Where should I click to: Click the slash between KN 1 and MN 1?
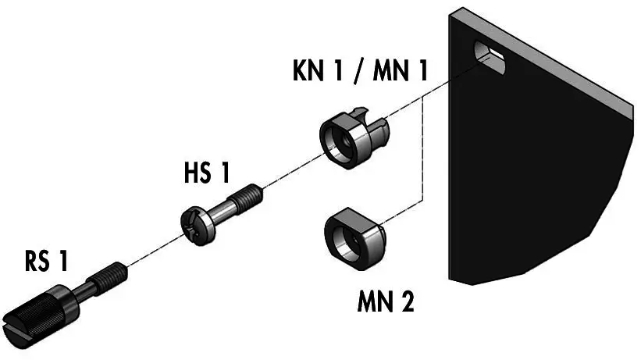pyautogui.click(x=358, y=71)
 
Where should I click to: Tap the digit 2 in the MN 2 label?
pyautogui.click(x=405, y=301)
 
